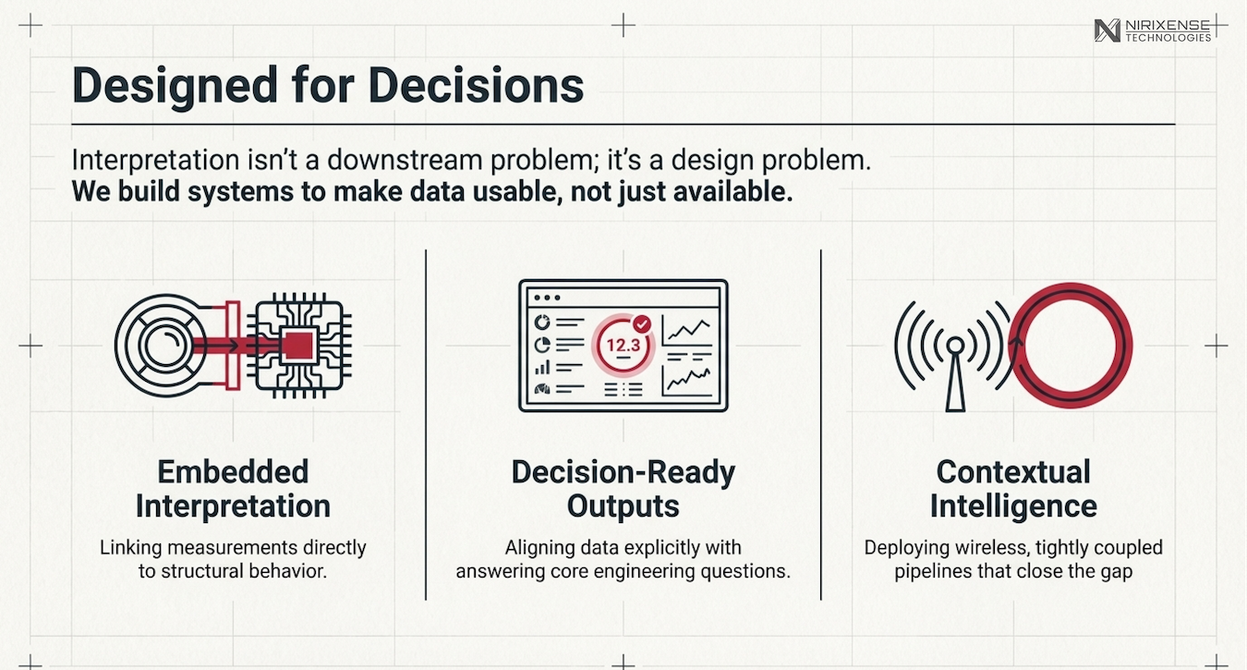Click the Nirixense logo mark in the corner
(1107, 30)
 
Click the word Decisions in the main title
(476, 85)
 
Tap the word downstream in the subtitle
(406, 161)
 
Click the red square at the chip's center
(297, 346)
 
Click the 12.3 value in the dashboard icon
(623, 346)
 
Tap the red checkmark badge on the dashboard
(642, 324)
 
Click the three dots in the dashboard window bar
(547, 298)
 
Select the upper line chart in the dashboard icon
(687, 330)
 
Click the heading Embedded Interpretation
(233, 489)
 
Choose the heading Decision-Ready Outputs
(623, 489)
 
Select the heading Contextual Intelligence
(1013, 489)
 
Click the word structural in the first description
(202, 571)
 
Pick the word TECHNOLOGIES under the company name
(1168, 38)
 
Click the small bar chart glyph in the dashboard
(542, 368)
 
